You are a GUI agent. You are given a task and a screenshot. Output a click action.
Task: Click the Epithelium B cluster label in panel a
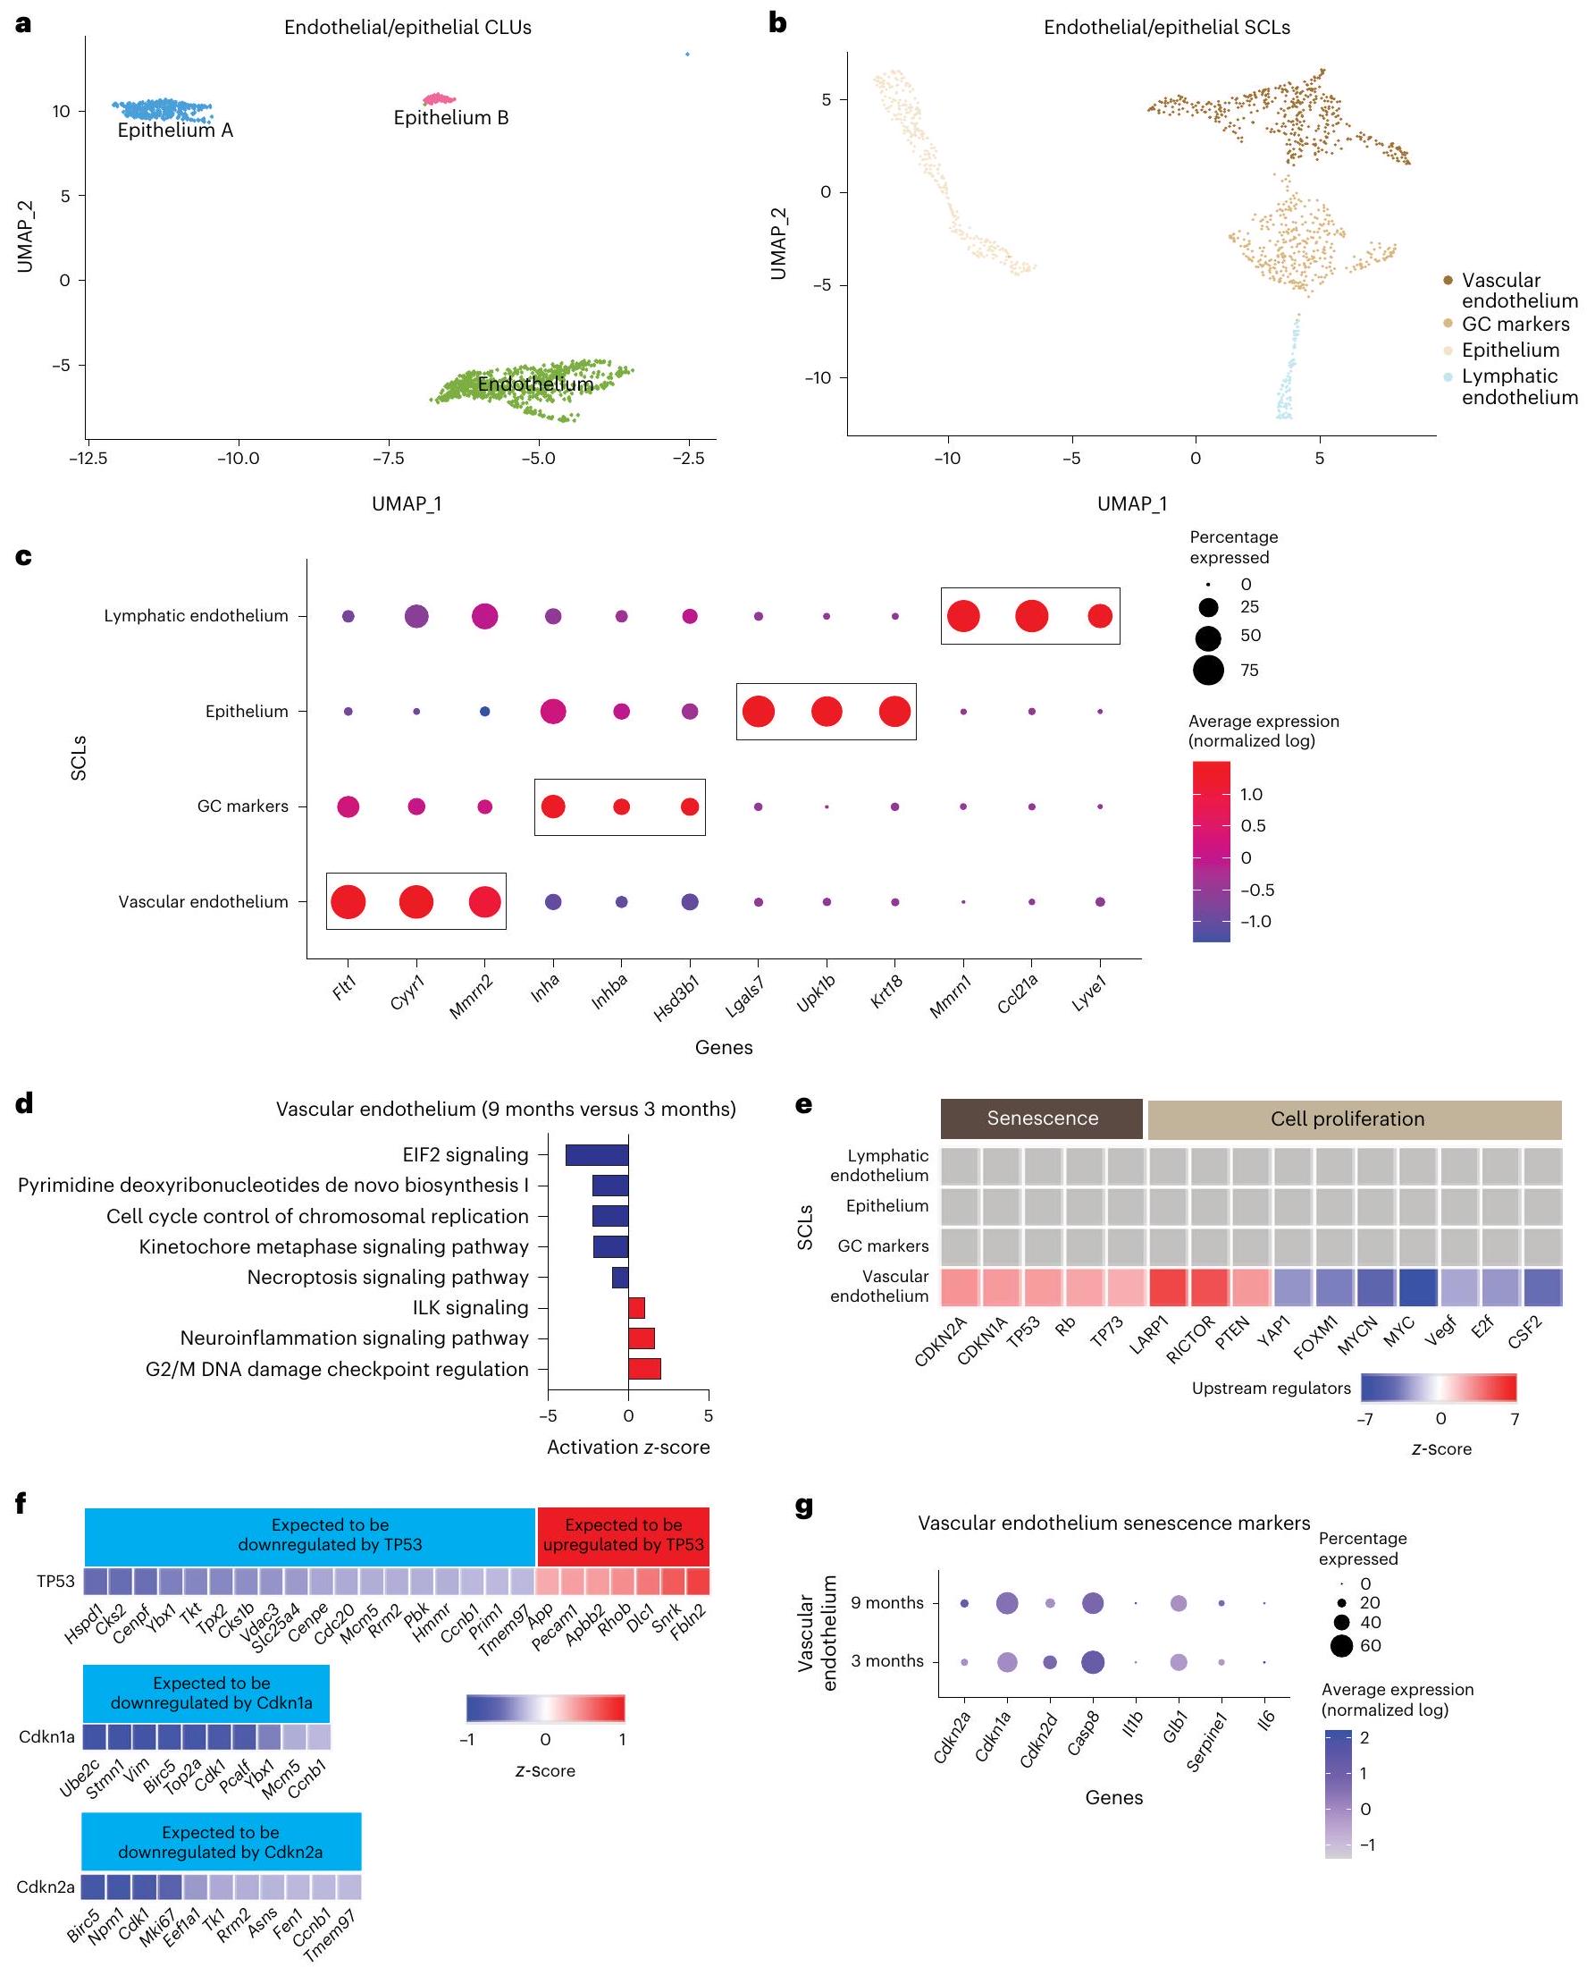click(x=450, y=118)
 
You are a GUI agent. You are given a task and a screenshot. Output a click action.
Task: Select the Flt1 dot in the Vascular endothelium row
click(x=348, y=902)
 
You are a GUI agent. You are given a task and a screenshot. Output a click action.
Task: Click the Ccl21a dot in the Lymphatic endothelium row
click(x=1031, y=616)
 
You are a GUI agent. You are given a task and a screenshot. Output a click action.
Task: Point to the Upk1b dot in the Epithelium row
click(x=826, y=712)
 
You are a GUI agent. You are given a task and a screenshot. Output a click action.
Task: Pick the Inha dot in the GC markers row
click(x=553, y=807)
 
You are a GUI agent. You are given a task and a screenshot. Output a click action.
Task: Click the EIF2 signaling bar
click(x=596, y=1154)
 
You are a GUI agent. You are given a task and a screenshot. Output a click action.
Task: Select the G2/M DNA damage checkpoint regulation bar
click(x=644, y=1369)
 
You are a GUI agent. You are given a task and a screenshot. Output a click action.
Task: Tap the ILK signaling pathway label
click(x=470, y=1307)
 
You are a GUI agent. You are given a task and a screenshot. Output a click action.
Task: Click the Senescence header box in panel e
click(x=1042, y=1119)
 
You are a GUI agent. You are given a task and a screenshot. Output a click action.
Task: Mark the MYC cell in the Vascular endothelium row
click(x=1418, y=1287)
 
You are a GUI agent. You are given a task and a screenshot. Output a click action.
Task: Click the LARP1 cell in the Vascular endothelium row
click(x=1169, y=1287)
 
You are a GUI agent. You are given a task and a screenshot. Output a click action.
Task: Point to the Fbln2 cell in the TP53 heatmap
click(x=697, y=1581)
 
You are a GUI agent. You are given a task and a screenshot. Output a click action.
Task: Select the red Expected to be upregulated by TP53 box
click(x=623, y=1535)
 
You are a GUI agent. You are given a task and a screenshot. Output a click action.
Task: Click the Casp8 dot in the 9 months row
click(x=1093, y=1603)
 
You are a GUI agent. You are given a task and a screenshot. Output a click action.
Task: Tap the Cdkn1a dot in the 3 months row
click(x=1007, y=1662)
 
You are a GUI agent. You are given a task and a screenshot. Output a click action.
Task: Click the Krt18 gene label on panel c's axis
click(x=886, y=992)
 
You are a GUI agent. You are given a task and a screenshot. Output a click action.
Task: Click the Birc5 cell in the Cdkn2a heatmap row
click(x=93, y=1887)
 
